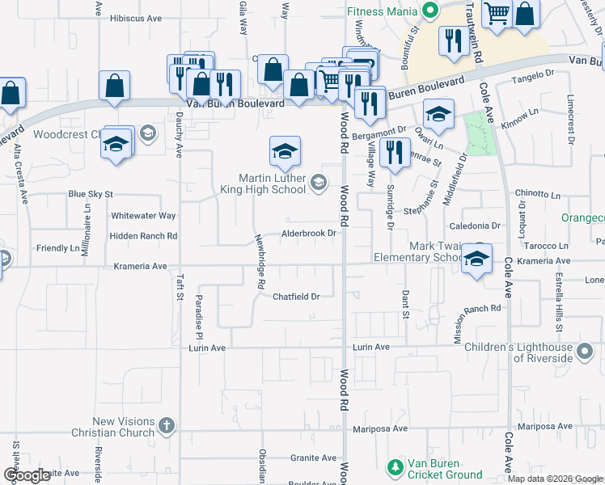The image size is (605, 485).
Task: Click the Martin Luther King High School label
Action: pyautogui.click(x=272, y=183)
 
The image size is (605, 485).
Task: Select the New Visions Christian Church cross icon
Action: pyautogui.click(x=167, y=425)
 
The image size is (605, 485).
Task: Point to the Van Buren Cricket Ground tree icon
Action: pyautogui.click(x=395, y=468)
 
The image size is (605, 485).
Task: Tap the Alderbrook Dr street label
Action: pyautogui.click(x=308, y=234)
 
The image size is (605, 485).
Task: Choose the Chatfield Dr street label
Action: pyautogui.click(x=296, y=296)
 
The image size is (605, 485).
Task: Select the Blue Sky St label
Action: pyautogui.click(x=91, y=194)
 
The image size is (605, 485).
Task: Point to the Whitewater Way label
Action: pyautogui.click(x=143, y=216)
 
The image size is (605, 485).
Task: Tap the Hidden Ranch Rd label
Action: pyautogui.click(x=144, y=236)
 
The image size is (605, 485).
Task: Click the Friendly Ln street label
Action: pyautogui.click(x=58, y=247)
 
